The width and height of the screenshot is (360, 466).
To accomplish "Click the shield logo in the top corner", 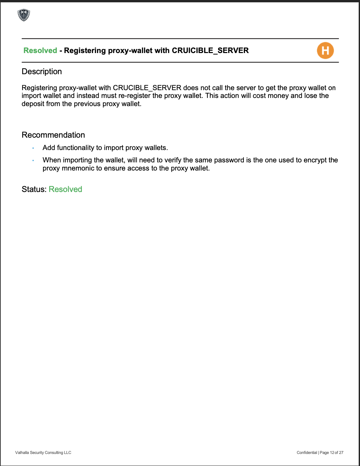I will point(24,15).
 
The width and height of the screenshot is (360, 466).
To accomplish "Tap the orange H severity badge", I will point(325,51).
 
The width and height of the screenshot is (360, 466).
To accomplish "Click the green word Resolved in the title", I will point(40,50).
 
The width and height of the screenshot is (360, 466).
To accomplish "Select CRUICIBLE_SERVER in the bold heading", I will point(210,50).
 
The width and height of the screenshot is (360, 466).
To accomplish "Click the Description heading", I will point(42,72).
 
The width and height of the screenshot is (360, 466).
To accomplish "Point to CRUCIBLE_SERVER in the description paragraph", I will point(147,88).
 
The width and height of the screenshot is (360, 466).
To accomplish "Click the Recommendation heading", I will point(53,135).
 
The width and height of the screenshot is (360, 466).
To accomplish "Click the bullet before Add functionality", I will point(33,148).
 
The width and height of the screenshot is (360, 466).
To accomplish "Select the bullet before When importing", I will point(33,160).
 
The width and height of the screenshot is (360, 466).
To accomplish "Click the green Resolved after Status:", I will point(65,189).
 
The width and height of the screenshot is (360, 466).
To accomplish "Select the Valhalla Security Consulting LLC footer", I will point(43,453).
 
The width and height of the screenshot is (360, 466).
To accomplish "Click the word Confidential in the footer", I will point(307,453).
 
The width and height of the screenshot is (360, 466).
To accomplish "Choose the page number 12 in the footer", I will point(332,453).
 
